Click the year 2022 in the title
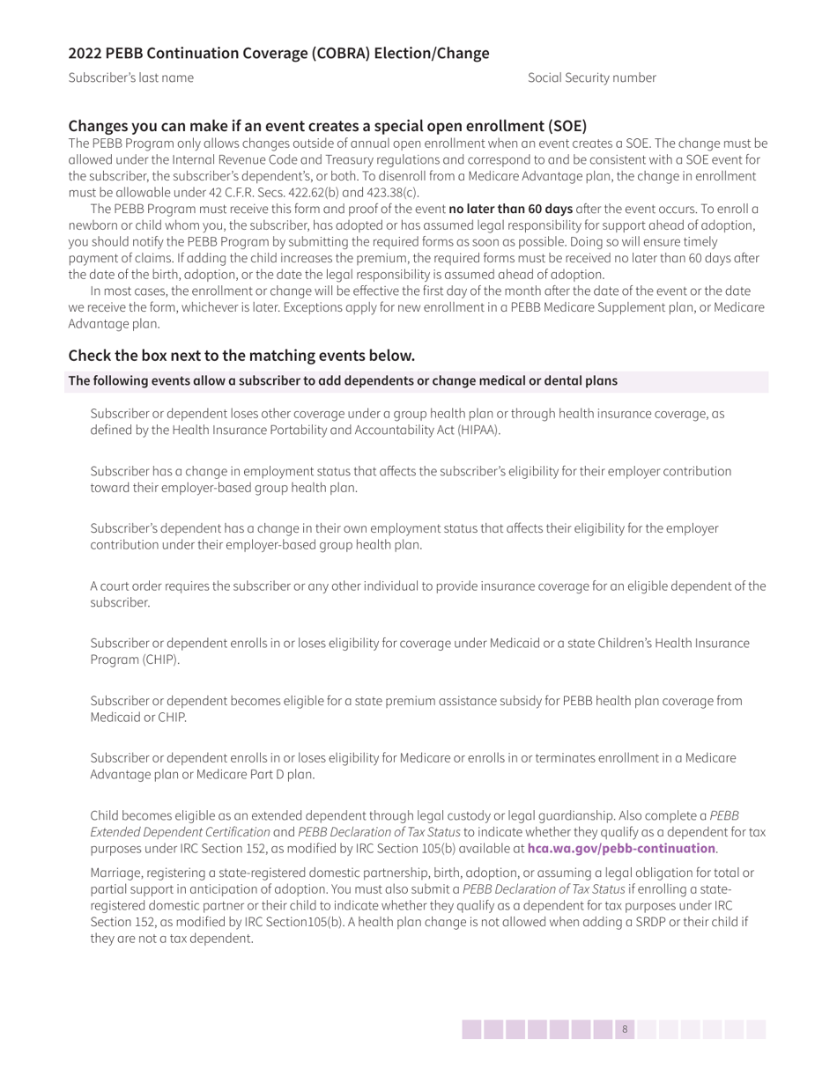point(85,54)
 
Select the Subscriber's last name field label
point(131,77)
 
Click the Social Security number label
point(591,77)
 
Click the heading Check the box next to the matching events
point(241,356)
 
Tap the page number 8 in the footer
point(625,1029)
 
